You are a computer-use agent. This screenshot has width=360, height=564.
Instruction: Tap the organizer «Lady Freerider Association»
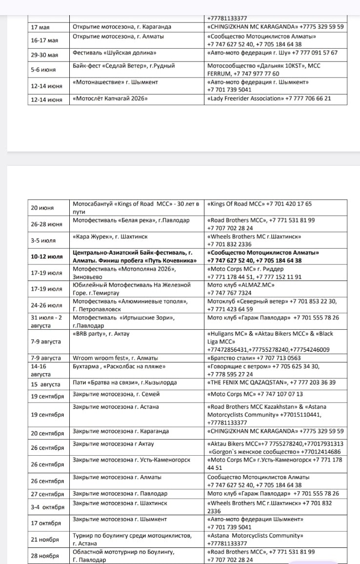point(245,99)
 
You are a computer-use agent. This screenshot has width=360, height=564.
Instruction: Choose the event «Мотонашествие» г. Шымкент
point(115,82)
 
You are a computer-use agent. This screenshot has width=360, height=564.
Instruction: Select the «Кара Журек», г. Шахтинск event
point(110,237)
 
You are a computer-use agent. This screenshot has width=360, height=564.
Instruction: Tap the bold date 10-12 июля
point(47,256)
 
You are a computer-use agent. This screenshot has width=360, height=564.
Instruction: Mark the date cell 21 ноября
point(45,540)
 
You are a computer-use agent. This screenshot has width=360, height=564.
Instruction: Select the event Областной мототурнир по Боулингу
point(123,552)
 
